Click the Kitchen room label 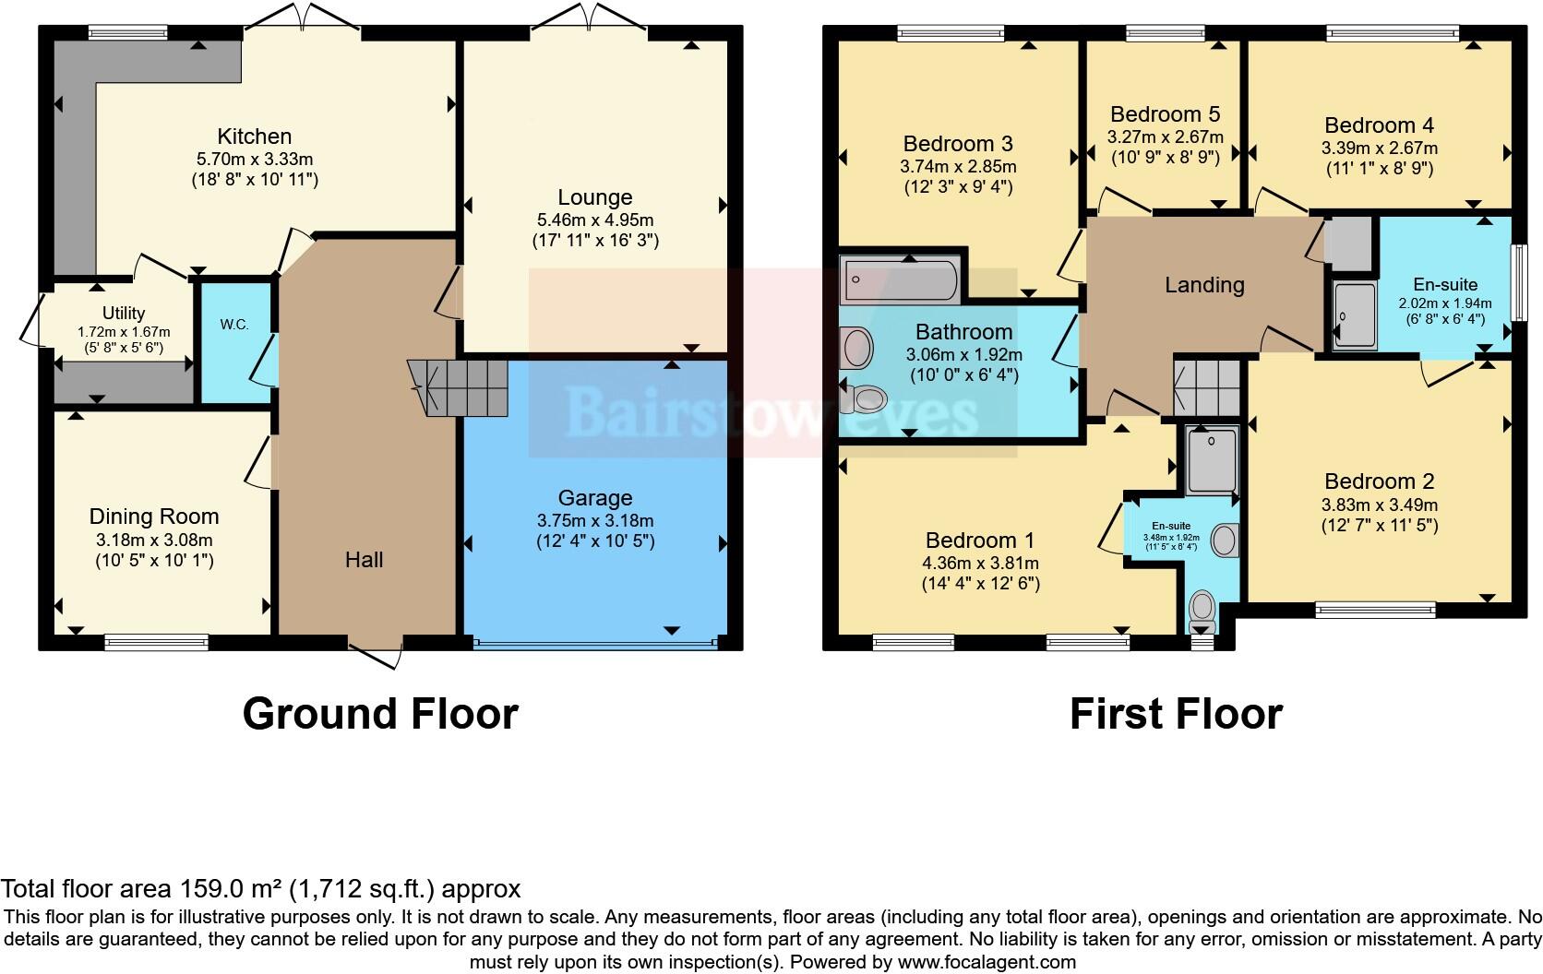pyautogui.click(x=254, y=137)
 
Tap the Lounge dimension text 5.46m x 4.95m pyautogui.click(x=595, y=220)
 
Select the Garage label pyautogui.click(x=595, y=499)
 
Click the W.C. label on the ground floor pyautogui.click(x=234, y=325)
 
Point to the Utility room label pyautogui.click(x=123, y=314)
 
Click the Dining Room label pyautogui.click(x=154, y=517)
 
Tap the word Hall pyautogui.click(x=364, y=560)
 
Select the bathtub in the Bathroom pyautogui.click(x=899, y=279)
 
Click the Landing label pyautogui.click(x=1203, y=285)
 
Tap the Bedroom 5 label pyautogui.click(x=1165, y=114)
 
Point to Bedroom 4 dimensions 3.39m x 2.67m pyautogui.click(x=1379, y=148)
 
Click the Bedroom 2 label pyautogui.click(x=1379, y=481)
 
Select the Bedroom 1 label pyautogui.click(x=980, y=540)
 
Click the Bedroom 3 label pyautogui.click(x=958, y=144)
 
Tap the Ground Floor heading pyautogui.click(x=380, y=714)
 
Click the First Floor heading pyautogui.click(x=1175, y=714)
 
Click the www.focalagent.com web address pyautogui.click(x=986, y=963)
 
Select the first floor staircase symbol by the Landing pyautogui.click(x=1206, y=387)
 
